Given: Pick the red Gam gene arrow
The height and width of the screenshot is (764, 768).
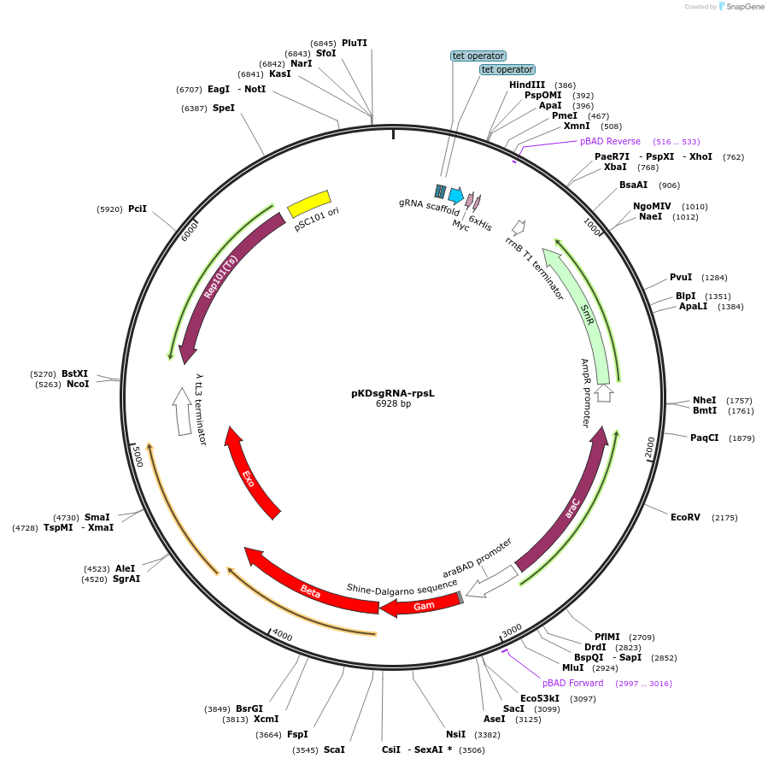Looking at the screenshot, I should (422, 605).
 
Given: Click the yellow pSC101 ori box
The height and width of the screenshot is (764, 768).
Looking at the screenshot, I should (309, 204).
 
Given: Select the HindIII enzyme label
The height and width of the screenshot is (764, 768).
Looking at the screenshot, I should (527, 85).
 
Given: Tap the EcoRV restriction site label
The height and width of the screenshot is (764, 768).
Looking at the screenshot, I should (685, 517).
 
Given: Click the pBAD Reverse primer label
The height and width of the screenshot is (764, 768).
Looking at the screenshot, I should (610, 141).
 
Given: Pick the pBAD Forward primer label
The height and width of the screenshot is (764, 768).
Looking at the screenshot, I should (572, 683).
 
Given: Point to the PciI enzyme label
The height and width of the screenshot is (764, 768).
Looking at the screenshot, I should (138, 209).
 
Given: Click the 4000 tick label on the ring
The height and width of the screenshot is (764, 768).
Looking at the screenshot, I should (282, 637).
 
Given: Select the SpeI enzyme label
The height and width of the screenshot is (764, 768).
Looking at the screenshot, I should (224, 108).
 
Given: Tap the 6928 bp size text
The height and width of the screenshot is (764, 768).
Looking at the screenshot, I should (393, 404).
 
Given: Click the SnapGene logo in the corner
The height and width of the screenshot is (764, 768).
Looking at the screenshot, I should (740, 7).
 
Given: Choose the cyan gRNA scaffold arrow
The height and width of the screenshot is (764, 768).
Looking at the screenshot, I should (455, 194).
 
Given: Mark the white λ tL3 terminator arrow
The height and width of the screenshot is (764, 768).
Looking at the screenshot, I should (182, 411).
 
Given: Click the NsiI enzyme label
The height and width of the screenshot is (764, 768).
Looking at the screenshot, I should (455, 734).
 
